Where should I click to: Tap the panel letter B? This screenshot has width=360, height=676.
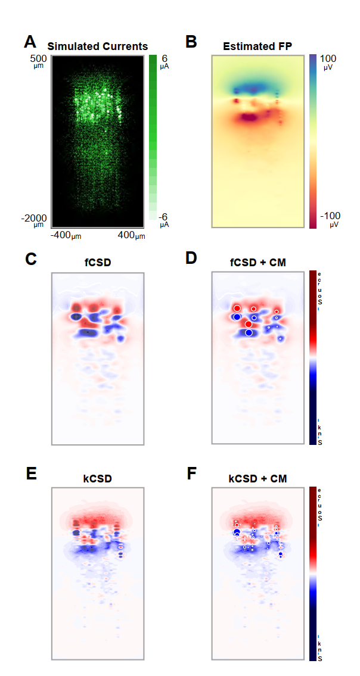coord(191,42)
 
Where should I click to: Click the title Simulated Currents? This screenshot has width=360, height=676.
coord(98,46)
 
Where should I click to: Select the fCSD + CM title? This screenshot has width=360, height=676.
coord(257,261)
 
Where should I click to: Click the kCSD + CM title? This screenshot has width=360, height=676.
coord(257,478)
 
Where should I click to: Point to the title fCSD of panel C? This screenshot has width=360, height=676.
coord(98,261)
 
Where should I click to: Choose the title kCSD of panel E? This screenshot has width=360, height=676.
coord(98,478)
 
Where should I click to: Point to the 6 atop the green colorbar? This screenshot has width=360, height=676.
coord(164,59)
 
